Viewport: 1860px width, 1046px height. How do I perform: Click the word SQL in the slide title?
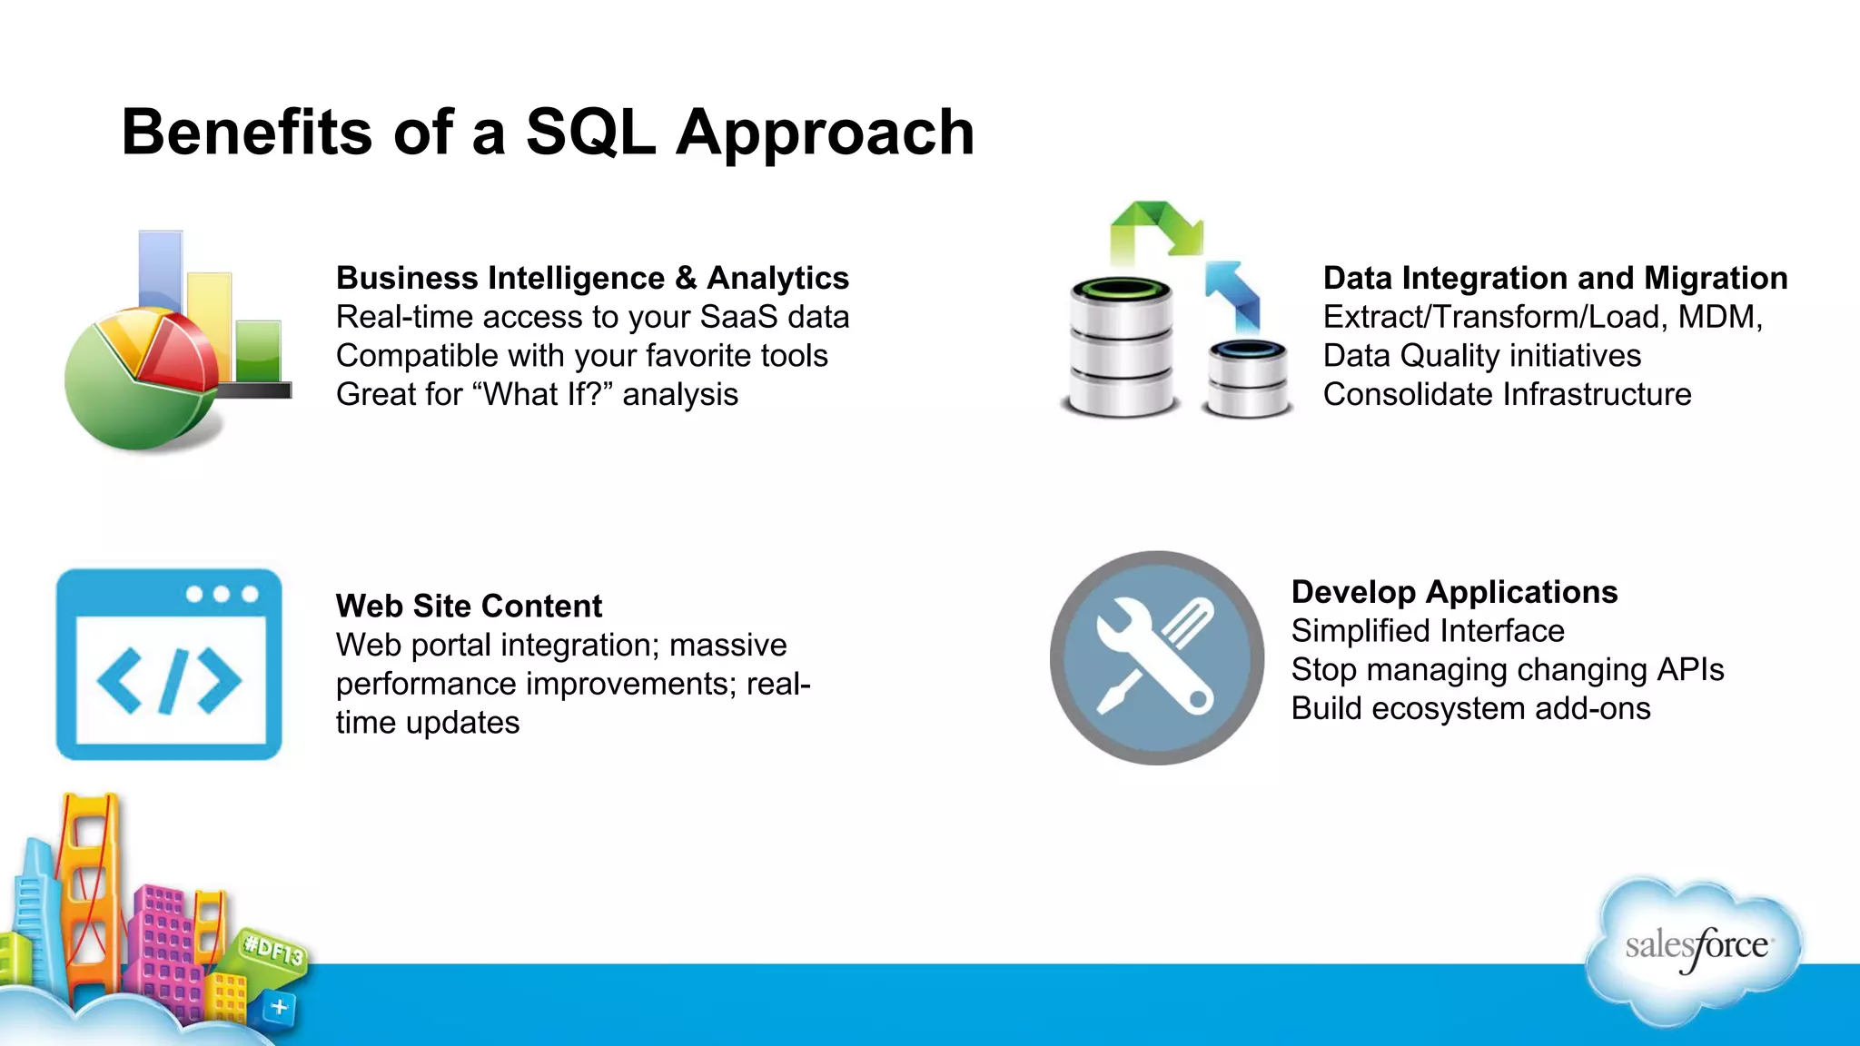[x=590, y=133]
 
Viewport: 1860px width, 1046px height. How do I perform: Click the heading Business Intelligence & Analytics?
[x=592, y=278]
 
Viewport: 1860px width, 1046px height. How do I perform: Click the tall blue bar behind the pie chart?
[x=161, y=268]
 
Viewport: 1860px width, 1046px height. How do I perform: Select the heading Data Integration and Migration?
[x=1555, y=278]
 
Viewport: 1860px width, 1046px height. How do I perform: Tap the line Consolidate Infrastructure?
[x=1507, y=395]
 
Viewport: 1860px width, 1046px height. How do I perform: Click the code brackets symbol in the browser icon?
[x=169, y=681]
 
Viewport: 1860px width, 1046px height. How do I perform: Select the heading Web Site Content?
[x=469, y=606]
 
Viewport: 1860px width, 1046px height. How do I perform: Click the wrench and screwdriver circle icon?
[x=1156, y=657]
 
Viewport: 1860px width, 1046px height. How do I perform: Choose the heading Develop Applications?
[x=1454, y=592]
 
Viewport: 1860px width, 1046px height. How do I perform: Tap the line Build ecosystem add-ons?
[x=1470, y=709]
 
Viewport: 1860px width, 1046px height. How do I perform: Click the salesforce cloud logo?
[x=1695, y=949]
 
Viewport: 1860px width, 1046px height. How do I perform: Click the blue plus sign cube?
[x=279, y=1007]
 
